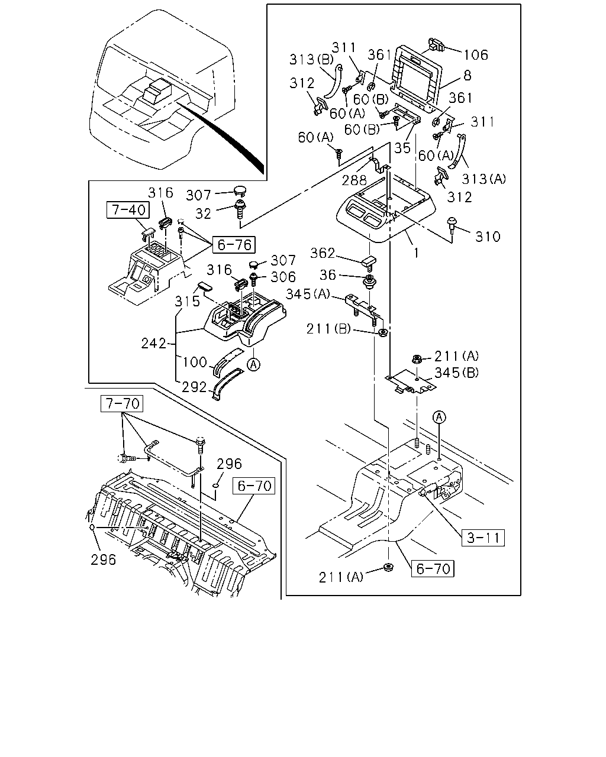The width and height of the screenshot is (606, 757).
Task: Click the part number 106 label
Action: [x=476, y=55]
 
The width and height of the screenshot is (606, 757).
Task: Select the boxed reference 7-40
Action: [x=128, y=210]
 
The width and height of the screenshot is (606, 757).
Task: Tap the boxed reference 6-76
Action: [x=234, y=244]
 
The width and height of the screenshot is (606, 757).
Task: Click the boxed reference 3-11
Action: [x=483, y=538]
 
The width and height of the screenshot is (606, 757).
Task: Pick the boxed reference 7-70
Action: [x=122, y=403]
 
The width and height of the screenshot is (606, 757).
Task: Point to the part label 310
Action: [x=488, y=237]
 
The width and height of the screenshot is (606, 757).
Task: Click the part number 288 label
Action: [x=354, y=180]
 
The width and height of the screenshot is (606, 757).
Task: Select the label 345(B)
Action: [x=456, y=372]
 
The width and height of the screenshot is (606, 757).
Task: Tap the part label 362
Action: [x=323, y=253]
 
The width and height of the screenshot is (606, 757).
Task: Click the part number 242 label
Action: [x=153, y=344]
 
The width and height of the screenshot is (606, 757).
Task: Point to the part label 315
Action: [x=187, y=302]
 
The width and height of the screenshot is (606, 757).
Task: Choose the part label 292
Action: [x=194, y=387]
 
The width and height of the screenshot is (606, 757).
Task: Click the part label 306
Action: [x=283, y=277]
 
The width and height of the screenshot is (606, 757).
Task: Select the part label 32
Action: [x=203, y=214]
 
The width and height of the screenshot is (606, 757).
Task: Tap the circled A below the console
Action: [x=253, y=364]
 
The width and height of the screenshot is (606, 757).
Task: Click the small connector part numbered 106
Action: [x=437, y=45]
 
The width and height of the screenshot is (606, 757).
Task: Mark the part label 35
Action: [x=402, y=148]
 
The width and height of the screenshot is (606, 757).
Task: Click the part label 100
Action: [x=195, y=362]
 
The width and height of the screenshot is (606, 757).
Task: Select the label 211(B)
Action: [x=328, y=329]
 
